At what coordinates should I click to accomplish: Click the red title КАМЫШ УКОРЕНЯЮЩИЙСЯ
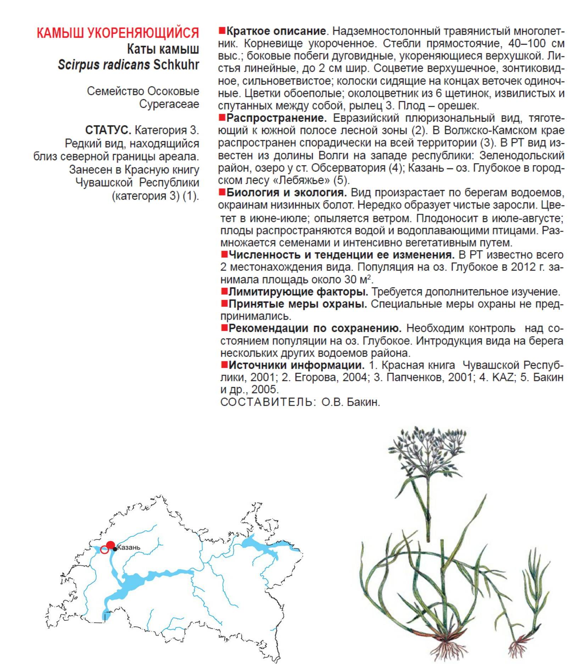point(118,33)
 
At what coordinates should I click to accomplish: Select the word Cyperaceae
point(169,104)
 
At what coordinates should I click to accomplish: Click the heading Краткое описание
point(276,31)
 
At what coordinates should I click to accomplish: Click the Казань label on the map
point(129,547)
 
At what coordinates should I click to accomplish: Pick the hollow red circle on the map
point(104,550)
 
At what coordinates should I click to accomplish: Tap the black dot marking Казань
point(115,549)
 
